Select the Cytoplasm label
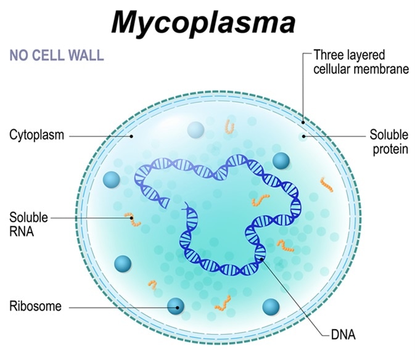pos(36,134)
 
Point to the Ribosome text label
pos(35,306)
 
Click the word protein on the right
pos(388,149)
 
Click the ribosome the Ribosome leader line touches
pos(177,305)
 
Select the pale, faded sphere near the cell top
pos(195,130)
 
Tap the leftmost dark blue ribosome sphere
pos(112,179)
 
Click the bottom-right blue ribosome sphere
pos(271,306)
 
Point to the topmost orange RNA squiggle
pos(229,128)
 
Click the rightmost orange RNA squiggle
pos(326,184)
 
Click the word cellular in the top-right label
pos(334,69)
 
